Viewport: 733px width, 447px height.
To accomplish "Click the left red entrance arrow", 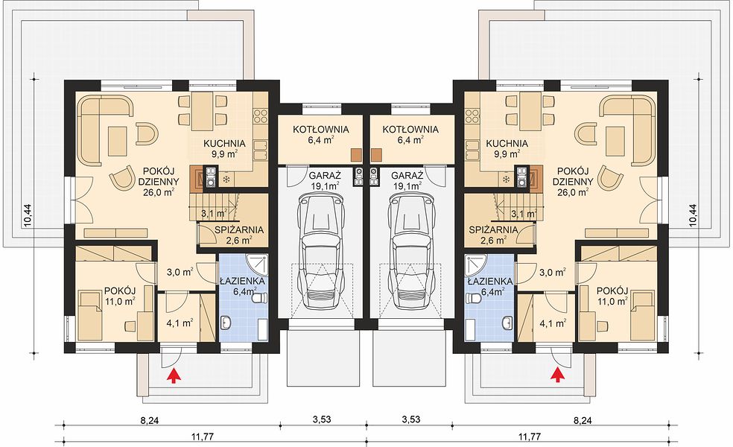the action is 174,376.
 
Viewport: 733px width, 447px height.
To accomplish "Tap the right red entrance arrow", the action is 556,376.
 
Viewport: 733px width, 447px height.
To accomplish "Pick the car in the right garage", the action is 412,251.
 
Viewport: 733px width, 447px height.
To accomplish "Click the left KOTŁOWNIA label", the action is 320,130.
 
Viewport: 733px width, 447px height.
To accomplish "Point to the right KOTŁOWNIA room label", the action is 410,130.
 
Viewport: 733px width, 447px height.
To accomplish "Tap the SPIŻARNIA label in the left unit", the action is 239,230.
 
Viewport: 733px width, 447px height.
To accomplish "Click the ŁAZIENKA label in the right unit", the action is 490,282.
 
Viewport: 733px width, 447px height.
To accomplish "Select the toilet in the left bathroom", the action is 259,298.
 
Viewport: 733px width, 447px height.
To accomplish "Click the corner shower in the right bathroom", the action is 476,265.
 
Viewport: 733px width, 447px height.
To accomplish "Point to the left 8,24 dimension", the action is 149,408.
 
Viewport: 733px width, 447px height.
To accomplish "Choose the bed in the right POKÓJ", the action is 641,314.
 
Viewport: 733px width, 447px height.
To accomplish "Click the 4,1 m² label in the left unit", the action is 180,323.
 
